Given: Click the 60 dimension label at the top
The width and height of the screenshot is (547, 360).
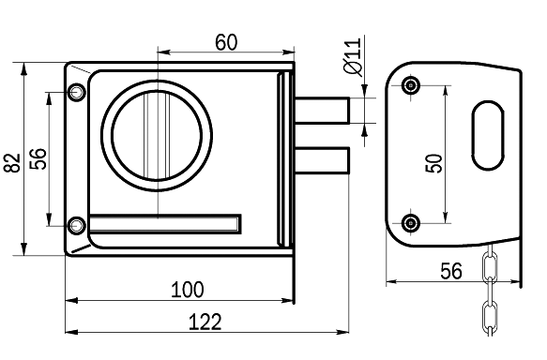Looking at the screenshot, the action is [x=226, y=42].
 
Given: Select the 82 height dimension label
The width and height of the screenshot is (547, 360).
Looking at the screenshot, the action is [x=12, y=162].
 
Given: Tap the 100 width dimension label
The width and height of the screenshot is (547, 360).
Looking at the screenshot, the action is [x=187, y=290].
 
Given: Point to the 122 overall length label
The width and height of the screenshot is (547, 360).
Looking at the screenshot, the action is [x=205, y=322].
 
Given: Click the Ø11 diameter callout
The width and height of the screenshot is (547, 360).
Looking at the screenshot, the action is [x=353, y=56].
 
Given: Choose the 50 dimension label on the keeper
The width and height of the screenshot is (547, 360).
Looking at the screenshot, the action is [x=433, y=163].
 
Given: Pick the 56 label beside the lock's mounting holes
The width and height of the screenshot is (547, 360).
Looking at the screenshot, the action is [x=38, y=159].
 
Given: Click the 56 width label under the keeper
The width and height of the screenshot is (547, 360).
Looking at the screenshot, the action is [x=451, y=271].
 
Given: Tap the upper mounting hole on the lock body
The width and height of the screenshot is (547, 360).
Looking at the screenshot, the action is [x=76, y=92].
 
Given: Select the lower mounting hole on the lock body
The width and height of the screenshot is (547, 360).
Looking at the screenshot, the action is [x=76, y=226].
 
